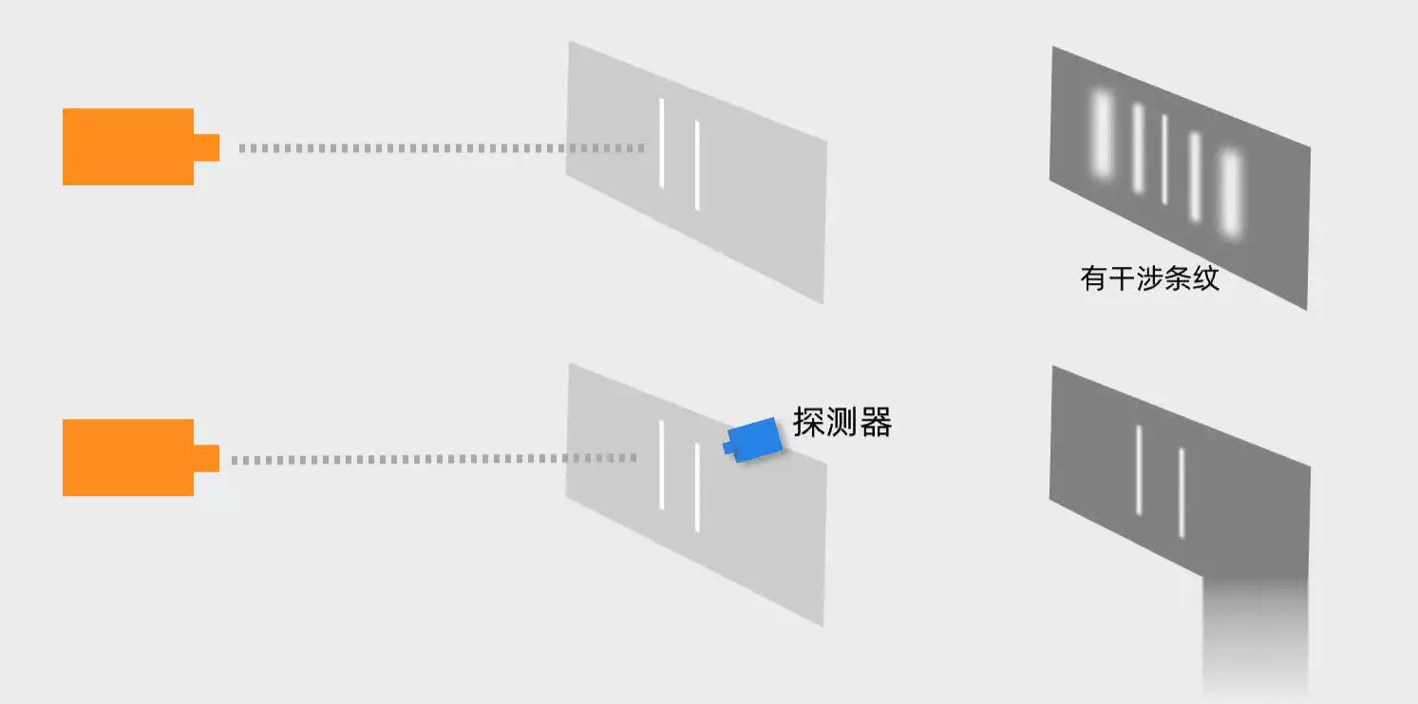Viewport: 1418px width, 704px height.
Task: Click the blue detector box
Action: coord(753,439)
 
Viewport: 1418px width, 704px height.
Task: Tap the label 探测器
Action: coord(842,422)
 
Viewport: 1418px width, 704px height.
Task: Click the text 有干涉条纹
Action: coord(1149,278)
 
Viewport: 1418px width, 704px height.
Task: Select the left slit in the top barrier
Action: coord(662,143)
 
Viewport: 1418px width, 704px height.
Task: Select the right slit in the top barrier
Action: coord(697,165)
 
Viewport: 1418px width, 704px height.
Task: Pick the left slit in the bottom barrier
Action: coord(662,464)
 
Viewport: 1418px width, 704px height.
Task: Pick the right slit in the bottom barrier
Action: coord(697,486)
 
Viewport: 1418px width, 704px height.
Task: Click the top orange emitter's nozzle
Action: coord(206,147)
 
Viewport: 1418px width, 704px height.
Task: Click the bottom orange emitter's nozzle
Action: coord(206,458)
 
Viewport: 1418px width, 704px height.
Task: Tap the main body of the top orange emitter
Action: coord(128,147)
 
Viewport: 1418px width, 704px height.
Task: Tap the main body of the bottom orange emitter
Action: coord(128,457)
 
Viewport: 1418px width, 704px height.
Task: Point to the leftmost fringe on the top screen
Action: coord(1102,134)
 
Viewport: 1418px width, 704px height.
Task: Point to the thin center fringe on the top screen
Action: coord(1164,159)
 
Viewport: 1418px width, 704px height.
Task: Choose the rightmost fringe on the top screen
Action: coord(1231,193)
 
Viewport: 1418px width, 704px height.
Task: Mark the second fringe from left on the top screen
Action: coord(1138,148)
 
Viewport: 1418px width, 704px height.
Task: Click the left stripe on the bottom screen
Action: coord(1139,469)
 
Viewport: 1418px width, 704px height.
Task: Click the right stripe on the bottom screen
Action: coord(1182,492)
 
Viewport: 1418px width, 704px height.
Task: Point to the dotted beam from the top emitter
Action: coord(442,148)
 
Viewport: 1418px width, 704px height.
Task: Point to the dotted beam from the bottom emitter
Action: coord(434,459)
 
